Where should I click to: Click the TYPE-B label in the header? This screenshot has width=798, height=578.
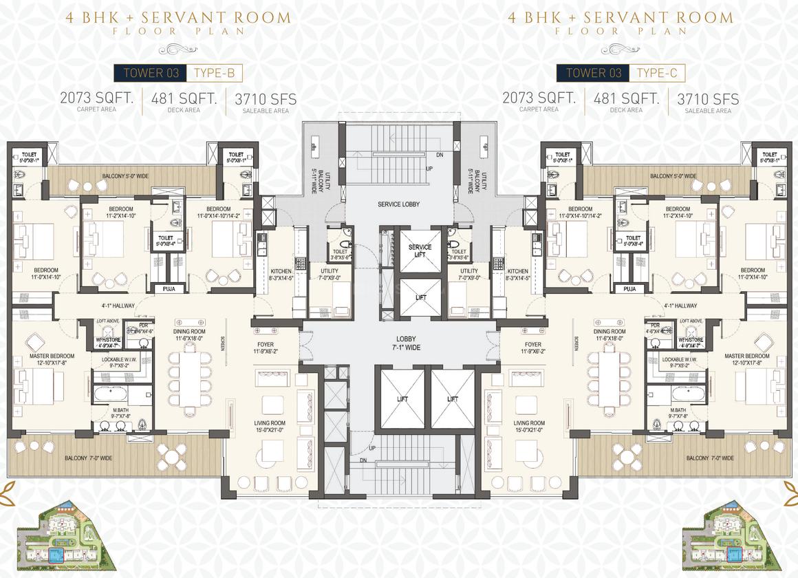tap(215, 73)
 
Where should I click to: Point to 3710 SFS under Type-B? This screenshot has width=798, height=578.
tap(266, 100)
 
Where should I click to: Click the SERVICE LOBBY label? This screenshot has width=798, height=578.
tap(399, 205)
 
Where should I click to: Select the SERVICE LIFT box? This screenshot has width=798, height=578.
tap(420, 251)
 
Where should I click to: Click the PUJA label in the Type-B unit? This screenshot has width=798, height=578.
tap(169, 289)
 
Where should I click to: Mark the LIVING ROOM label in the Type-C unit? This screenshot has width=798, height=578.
tap(529, 427)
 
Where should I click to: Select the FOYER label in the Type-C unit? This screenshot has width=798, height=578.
tap(532, 348)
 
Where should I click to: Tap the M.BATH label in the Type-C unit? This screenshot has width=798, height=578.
tap(678, 413)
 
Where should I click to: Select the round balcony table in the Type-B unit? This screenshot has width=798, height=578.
tap(171, 454)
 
